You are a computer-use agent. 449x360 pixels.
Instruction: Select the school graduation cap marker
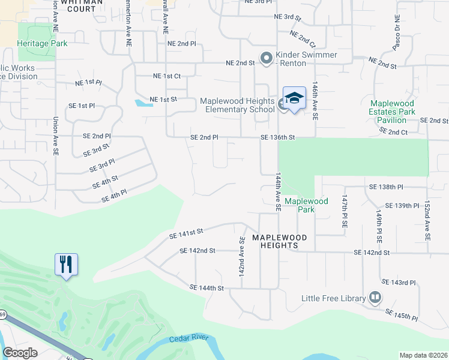click(x=294, y=98)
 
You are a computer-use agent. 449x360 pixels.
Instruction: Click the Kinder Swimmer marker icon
click(x=266, y=58)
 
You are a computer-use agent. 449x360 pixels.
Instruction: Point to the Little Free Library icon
click(x=375, y=298)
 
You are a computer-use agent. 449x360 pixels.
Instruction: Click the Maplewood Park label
click(x=306, y=205)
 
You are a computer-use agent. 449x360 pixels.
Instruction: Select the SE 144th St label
click(x=206, y=288)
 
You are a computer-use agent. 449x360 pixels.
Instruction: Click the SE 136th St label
click(x=278, y=137)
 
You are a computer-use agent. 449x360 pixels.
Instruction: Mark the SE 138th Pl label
click(x=386, y=187)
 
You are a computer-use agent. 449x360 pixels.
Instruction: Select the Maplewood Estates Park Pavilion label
click(x=393, y=112)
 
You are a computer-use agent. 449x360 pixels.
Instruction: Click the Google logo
click(x=20, y=353)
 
